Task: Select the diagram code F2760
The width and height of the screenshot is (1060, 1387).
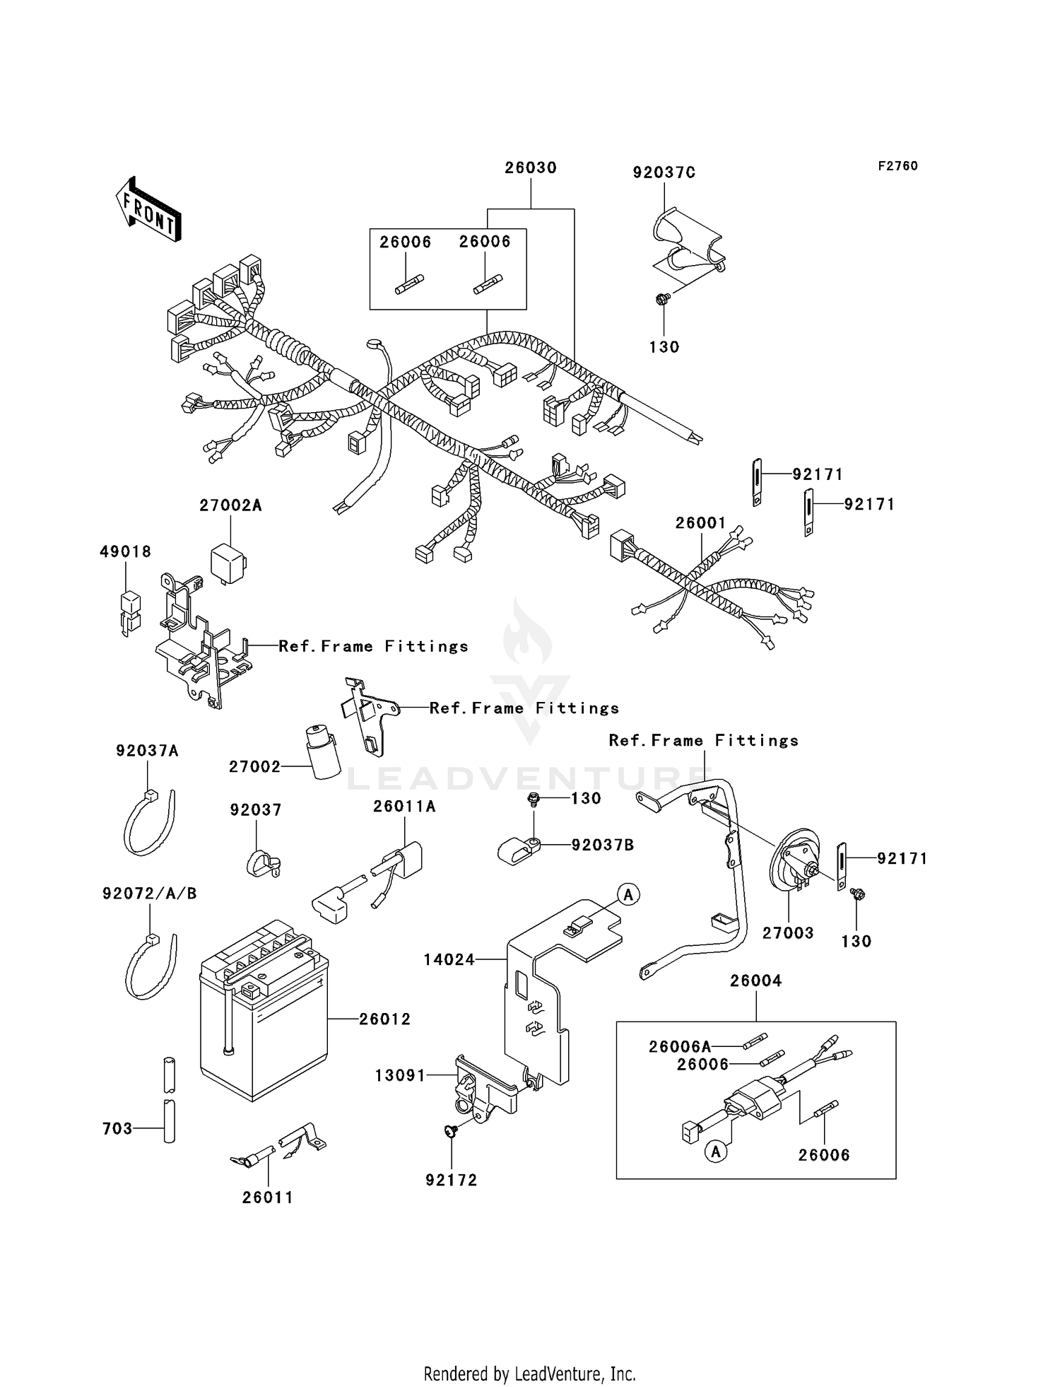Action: (897, 166)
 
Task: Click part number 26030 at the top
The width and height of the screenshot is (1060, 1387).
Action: (530, 168)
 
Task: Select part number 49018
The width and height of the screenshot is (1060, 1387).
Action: (125, 552)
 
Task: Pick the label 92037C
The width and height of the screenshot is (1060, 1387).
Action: (664, 173)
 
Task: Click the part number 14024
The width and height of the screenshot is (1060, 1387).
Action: (449, 960)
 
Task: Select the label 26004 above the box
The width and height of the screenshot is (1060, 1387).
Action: (755, 981)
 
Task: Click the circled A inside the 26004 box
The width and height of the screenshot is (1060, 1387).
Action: (716, 1152)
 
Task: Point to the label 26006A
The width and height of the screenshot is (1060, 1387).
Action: (679, 1046)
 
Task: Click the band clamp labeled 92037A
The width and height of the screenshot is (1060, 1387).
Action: (148, 824)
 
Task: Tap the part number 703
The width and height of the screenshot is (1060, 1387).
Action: (117, 1129)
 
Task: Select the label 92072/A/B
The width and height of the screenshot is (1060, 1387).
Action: (149, 894)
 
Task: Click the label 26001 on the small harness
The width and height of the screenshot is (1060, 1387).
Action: (700, 523)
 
